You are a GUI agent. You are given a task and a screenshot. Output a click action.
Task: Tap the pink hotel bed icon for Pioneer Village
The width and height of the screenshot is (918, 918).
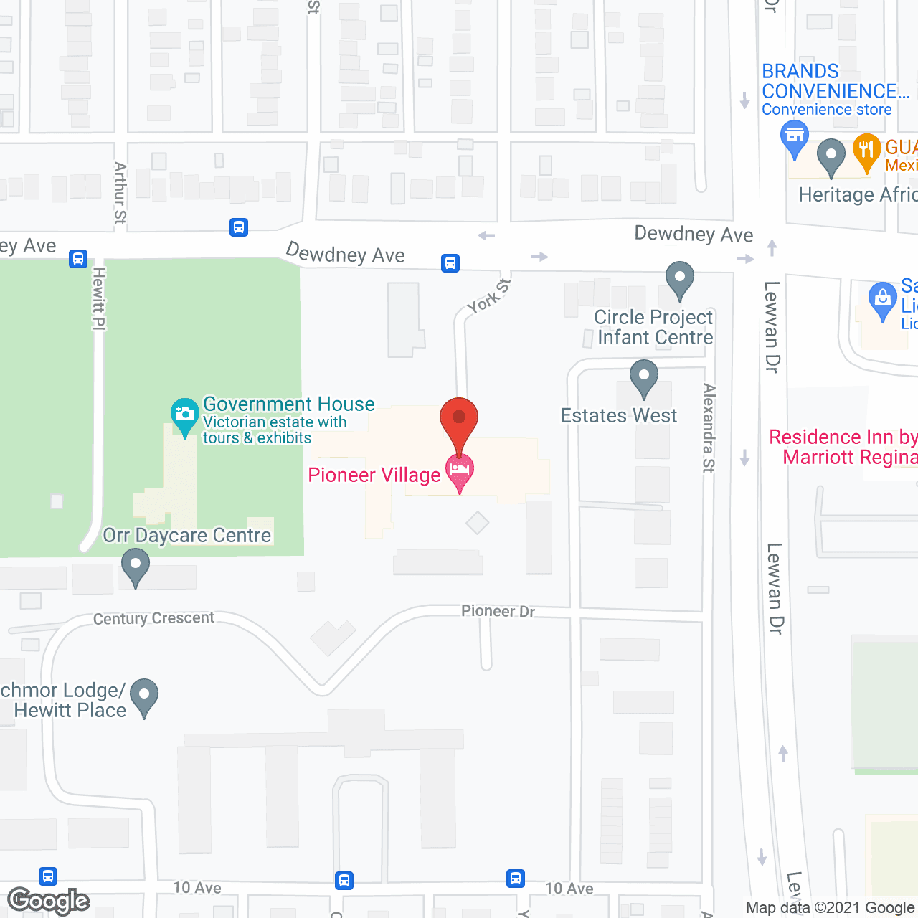pyautogui.click(x=459, y=470)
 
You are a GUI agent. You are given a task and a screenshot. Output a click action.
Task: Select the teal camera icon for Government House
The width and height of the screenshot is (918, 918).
pyautogui.click(x=185, y=415)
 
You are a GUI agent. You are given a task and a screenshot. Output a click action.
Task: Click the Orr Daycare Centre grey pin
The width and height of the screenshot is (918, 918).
pyautogui.click(x=135, y=566)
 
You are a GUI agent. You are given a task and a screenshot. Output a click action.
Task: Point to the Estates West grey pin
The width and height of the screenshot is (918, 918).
pyautogui.click(x=643, y=377)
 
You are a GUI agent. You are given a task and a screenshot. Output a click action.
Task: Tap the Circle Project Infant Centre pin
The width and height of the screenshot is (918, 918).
pyautogui.click(x=679, y=279)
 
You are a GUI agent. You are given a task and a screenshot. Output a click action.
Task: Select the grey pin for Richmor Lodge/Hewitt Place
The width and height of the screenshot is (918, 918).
pyautogui.click(x=144, y=696)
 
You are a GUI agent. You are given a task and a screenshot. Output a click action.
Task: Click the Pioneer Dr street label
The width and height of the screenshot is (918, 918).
pyautogui.click(x=498, y=611)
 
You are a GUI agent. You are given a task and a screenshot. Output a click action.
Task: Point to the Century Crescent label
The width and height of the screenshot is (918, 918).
pyautogui.click(x=153, y=618)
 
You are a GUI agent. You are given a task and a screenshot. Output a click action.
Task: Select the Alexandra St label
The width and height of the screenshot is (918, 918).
pyautogui.click(x=709, y=427)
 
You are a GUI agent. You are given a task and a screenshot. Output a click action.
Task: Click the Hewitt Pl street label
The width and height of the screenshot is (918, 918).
pyautogui.click(x=99, y=298)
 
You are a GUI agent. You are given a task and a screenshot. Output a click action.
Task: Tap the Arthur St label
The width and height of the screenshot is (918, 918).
pyautogui.click(x=120, y=192)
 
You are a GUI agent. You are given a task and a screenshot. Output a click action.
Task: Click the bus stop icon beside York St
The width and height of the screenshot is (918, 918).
pyautogui.click(x=450, y=263)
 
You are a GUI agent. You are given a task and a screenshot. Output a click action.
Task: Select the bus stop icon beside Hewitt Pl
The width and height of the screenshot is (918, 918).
pyautogui.click(x=78, y=259)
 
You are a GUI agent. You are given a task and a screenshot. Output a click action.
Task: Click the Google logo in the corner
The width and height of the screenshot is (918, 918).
pyautogui.click(x=49, y=901)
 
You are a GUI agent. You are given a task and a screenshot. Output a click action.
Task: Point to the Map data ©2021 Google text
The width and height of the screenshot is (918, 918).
pyautogui.click(x=831, y=908)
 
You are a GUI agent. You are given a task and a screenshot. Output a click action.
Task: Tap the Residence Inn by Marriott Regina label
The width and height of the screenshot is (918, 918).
pyautogui.click(x=843, y=447)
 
